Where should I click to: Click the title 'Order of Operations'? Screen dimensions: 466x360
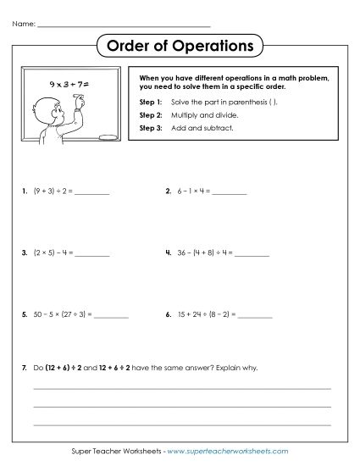(180, 44)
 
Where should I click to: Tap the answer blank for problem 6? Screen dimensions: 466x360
(256, 315)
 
